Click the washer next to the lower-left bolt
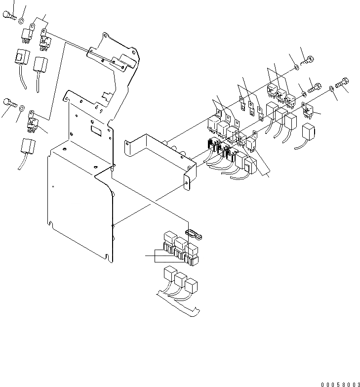point(21,106)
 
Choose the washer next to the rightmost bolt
point(332,87)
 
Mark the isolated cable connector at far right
point(308,132)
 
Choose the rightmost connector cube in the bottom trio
point(191,285)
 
